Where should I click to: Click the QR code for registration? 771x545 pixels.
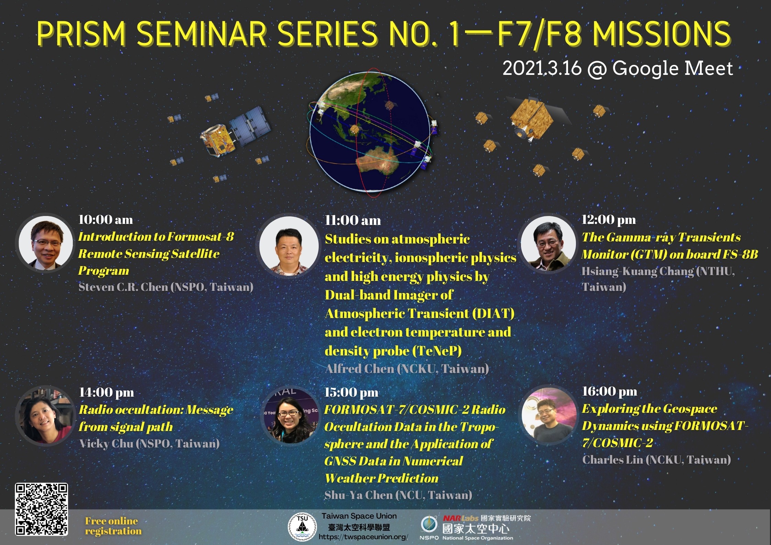[x=41, y=509]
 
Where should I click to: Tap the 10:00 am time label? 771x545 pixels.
[x=106, y=219]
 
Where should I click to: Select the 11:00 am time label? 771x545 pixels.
[x=353, y=220]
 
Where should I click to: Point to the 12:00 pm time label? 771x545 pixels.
[x=609, y=219]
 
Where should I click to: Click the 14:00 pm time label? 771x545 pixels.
[x=106, y=392]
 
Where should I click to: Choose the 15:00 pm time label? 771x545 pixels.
[x=351, y=392]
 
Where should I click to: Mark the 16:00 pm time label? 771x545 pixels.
[x=610, y=391]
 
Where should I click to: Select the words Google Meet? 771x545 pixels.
[x=672, y=68]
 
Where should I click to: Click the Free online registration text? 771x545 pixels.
[x=113, y=526]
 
